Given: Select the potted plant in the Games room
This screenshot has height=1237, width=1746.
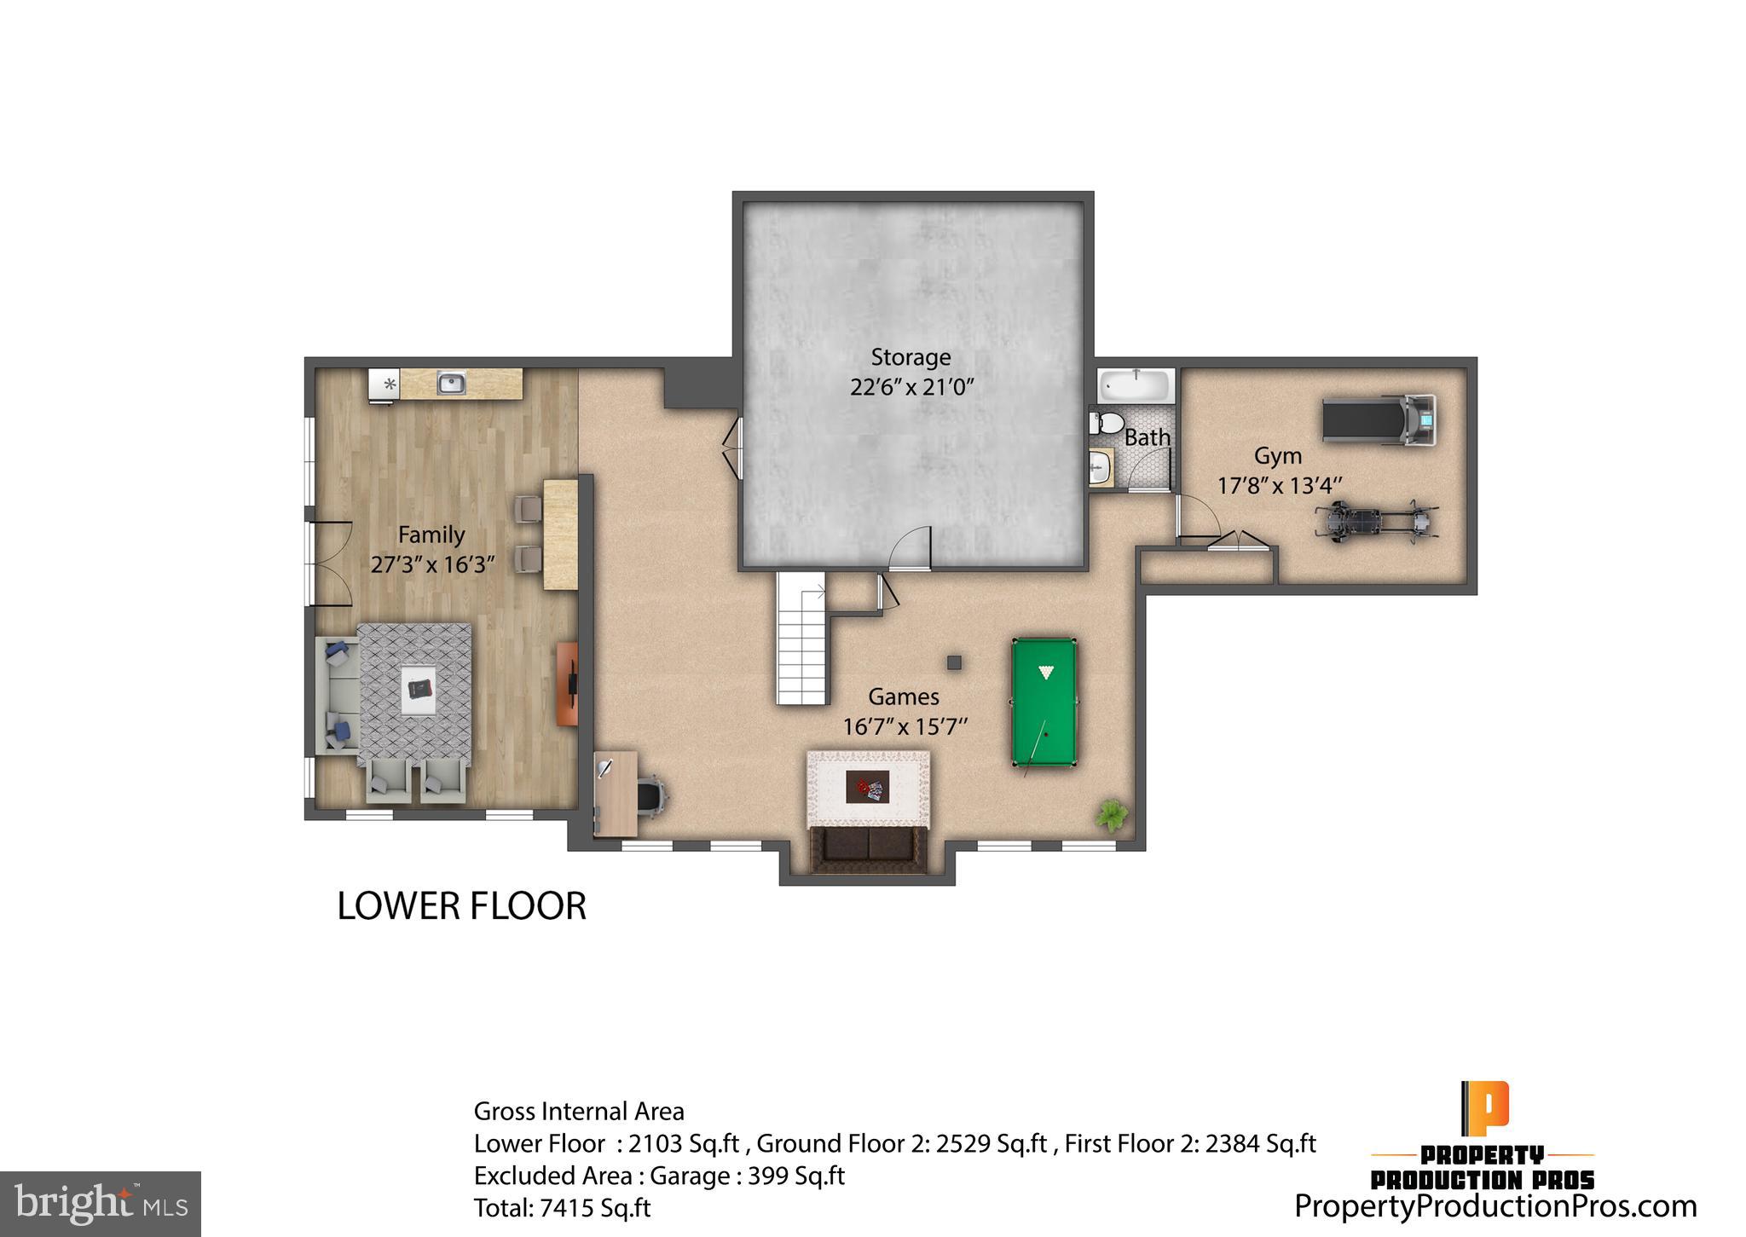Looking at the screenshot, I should pos(1111,814).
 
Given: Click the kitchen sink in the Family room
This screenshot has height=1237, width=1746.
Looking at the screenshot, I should pos(451,383).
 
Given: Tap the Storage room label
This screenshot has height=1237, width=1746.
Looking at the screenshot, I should pos(911,357).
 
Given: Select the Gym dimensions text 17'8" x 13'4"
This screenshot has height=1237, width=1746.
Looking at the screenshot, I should pos(1279,486).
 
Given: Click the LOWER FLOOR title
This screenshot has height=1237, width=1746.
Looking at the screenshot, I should pos(461,905).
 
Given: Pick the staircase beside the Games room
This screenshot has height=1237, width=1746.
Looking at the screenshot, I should pos(802,639).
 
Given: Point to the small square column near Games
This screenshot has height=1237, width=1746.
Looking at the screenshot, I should pos(954,662).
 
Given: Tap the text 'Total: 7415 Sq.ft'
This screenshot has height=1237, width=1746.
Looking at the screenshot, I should pos(562,1208).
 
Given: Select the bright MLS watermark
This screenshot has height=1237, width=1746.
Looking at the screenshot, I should pos(101,1204).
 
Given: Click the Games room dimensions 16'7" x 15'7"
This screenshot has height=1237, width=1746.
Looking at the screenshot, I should pos(905,727).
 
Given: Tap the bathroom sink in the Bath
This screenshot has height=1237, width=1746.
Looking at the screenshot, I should pos(1100,466).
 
